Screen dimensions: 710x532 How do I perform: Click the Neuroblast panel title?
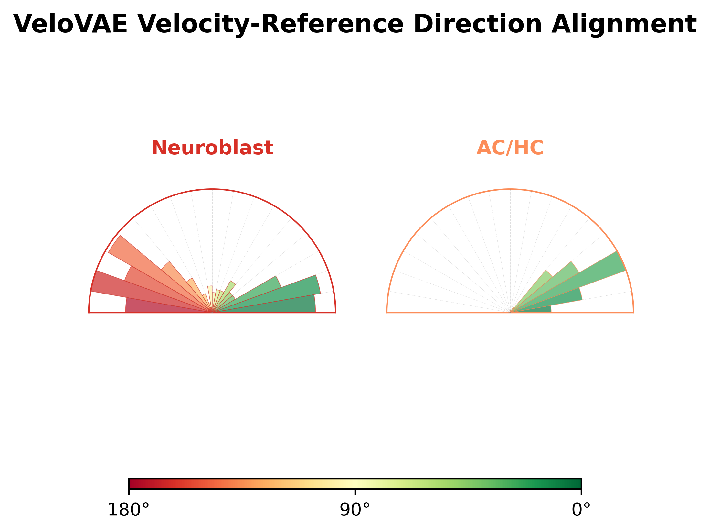point(212,148)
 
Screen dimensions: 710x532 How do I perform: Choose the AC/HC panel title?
point(510,148)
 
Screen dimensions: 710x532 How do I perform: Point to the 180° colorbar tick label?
point(129,510)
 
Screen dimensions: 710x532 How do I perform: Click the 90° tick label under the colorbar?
point(355,510)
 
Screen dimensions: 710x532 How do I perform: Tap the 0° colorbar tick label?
point(581,510)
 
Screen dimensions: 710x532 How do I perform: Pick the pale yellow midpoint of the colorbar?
point(355,483)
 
